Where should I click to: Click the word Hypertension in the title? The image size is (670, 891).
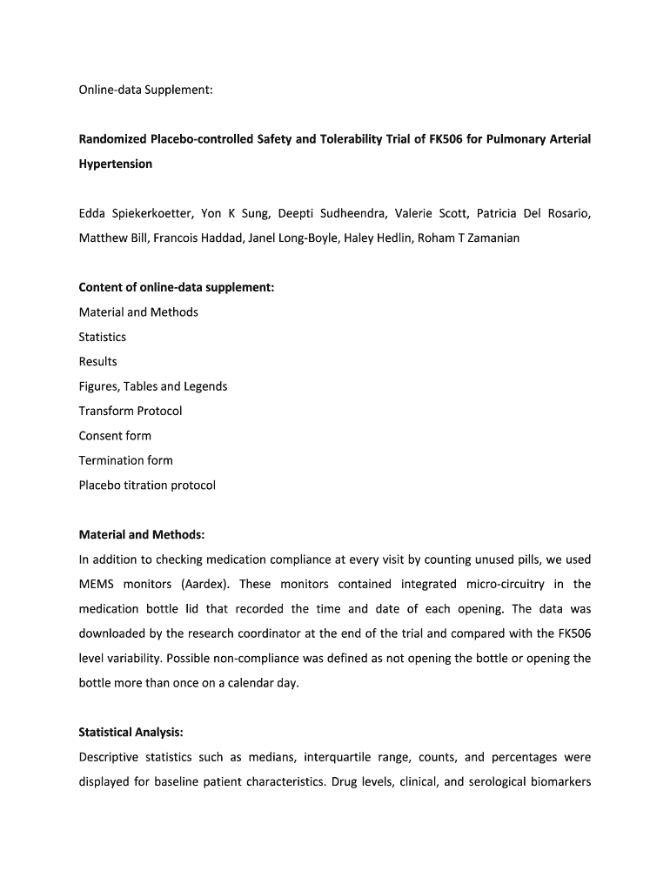116,164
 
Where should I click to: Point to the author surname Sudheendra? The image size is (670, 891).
345,213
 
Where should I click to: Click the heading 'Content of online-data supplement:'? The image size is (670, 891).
177,287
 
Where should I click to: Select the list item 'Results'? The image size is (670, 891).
97,361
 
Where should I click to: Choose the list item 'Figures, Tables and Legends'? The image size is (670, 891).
153,386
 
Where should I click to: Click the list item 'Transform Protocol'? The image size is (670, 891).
131,411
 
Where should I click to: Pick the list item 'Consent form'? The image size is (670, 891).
115,435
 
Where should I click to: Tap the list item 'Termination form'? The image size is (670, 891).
126,460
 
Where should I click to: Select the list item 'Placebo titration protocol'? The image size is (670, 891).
147,485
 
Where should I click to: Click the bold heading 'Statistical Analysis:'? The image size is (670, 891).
131,733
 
